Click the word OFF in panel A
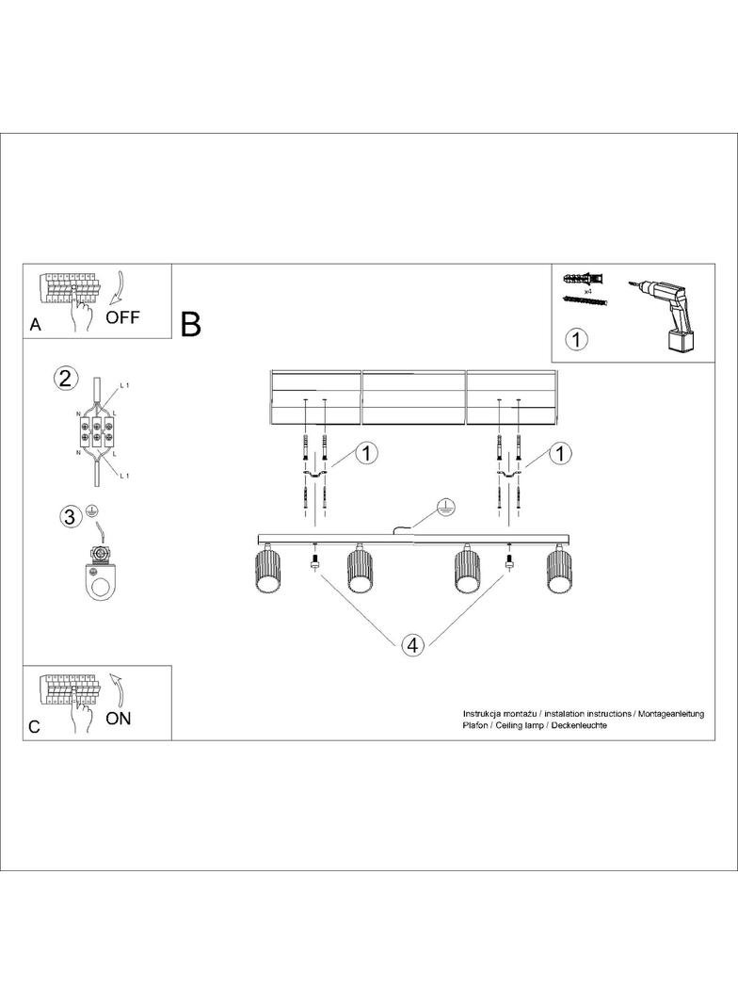click(122, 317)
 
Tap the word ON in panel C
click(119, 719)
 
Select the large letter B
click(191, 324)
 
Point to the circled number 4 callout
click(413, 645)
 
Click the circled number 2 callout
click(65, 378)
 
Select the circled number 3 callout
click(71, 516)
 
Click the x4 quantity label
click(587, 291)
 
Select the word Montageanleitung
click(671, 713)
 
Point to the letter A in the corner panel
click(35, 325)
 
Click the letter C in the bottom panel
click(35, 727)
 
